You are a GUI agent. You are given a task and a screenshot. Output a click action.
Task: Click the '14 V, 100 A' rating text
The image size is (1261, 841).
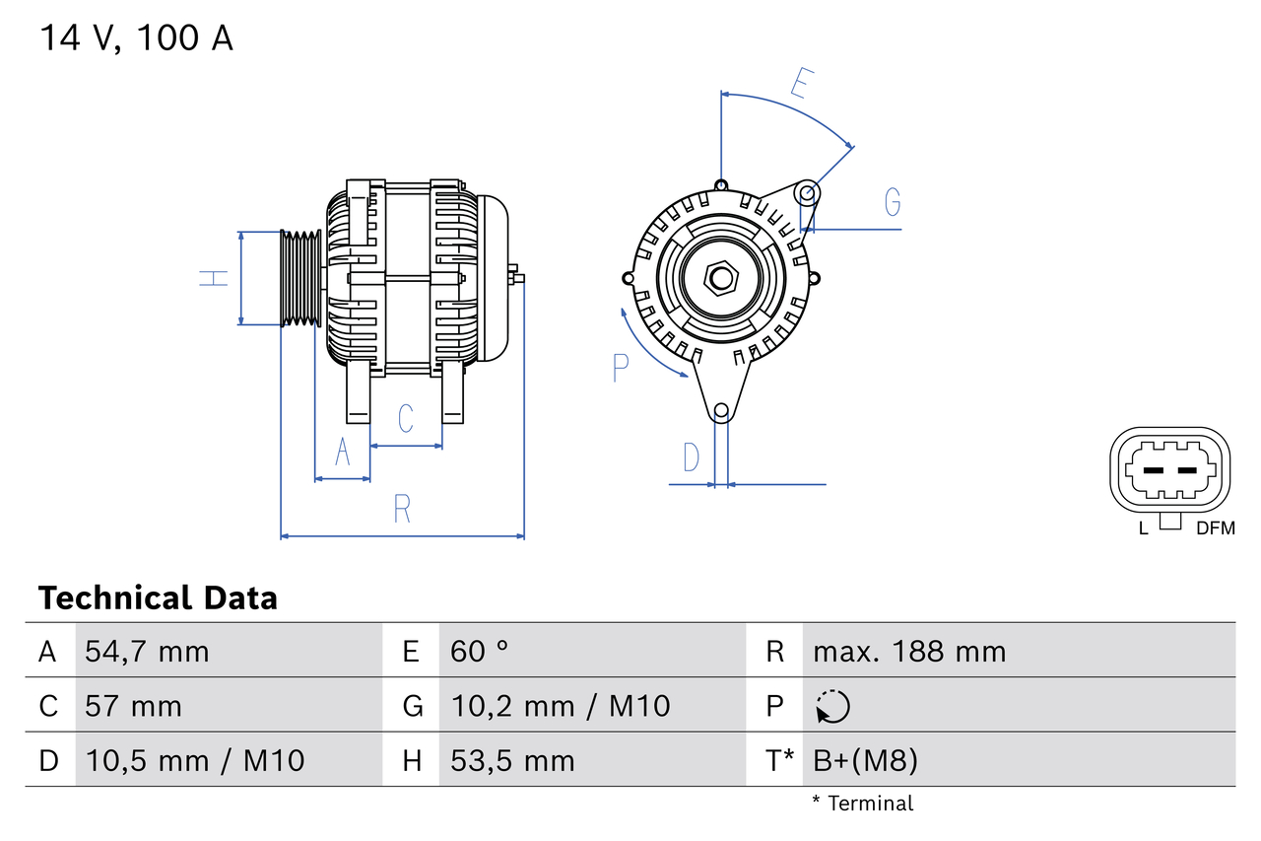point(136,38)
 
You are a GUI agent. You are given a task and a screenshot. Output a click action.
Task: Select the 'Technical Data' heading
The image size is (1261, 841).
point(158,597)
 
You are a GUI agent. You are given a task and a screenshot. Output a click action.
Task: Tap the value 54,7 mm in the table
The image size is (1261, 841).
point(147,651)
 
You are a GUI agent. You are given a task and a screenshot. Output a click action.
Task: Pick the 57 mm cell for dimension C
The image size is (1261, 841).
point(133,706)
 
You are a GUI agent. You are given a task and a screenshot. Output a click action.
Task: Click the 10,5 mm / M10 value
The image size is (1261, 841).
point(194,760)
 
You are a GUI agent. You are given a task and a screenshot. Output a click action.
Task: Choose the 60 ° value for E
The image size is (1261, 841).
point(480,651)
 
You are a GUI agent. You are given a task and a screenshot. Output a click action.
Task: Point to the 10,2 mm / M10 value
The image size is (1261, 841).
point(560,706)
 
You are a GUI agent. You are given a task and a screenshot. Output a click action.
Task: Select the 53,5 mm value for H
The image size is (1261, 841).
point(512,760)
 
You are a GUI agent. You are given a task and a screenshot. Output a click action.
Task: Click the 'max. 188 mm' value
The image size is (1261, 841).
point(909,651)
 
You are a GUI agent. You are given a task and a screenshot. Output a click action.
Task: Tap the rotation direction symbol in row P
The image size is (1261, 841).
point(832,706)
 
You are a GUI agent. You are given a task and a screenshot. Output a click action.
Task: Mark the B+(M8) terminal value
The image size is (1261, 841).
point(865,760)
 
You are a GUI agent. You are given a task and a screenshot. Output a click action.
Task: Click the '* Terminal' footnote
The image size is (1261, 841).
point(863,804)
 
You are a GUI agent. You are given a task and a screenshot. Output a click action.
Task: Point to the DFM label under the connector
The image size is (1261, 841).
point(1215,528)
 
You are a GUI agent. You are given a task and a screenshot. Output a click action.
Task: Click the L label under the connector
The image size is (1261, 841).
point(1143,528)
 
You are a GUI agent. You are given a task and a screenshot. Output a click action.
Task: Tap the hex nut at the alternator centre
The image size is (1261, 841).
point(721,278)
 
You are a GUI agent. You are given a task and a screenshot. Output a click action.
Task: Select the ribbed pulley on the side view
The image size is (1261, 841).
point(300,278)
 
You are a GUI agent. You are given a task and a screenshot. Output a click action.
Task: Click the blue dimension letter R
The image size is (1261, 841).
point(402,510)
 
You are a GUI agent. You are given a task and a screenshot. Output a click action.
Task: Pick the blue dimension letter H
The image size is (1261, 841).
point(214,278)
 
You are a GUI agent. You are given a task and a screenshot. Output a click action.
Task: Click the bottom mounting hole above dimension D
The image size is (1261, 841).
point(721,410)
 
